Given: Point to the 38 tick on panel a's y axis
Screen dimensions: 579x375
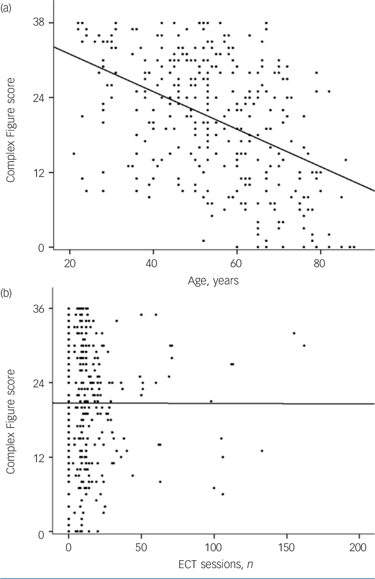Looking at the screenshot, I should (x=39, y=23).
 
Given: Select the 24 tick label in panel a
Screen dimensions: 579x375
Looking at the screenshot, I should (x=39, y=98).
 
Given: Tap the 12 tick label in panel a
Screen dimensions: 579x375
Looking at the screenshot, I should (x=39, y=173).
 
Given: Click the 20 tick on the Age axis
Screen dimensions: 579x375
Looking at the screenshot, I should (x=70, y=263).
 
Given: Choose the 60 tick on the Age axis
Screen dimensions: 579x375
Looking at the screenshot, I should (x=236, y=263).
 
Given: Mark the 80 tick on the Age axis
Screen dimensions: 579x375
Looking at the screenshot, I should (x=320, y=263).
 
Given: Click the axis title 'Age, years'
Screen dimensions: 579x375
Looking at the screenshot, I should (x=213, y=281).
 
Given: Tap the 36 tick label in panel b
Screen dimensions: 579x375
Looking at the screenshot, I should (x=39, y=308).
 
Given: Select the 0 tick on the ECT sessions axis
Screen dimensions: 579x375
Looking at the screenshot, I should (x=68, y=547).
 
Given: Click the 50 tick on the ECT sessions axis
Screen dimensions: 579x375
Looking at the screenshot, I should (x=141, y=547).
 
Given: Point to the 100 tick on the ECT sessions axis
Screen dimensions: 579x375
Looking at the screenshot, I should (x=214, y=547).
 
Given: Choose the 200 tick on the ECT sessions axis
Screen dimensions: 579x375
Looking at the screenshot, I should (x=359, y=547).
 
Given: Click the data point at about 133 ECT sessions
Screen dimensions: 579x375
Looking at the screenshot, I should (x=262, y=451).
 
